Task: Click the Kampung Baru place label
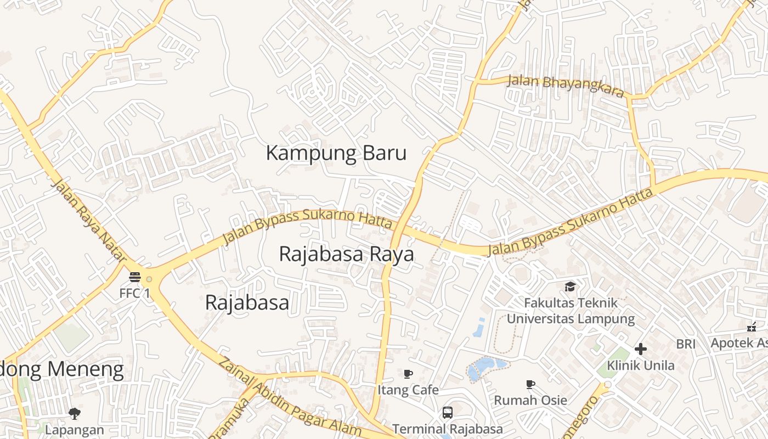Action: pos(336,153)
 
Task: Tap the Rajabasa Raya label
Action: pos(346,255)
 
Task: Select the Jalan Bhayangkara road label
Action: pos(566,85)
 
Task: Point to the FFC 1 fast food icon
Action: pos(135,278)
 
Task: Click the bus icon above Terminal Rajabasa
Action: pos(448,412)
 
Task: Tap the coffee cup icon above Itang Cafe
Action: pos(408,374)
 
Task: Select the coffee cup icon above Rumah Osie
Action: pos(530,385)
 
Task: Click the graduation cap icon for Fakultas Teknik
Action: pos(571,286)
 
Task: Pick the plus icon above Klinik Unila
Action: pos(640,349)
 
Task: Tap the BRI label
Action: pos(686,344)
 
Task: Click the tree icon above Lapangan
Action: pos(75,413)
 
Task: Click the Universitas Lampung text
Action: pos(571,319)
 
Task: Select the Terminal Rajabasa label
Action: pos(447,429)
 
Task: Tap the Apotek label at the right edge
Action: pos(739,344)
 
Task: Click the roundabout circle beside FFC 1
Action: pos(149,279)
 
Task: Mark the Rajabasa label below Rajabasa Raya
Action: pos(247,302)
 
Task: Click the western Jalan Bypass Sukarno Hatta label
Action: pos(307,225)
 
